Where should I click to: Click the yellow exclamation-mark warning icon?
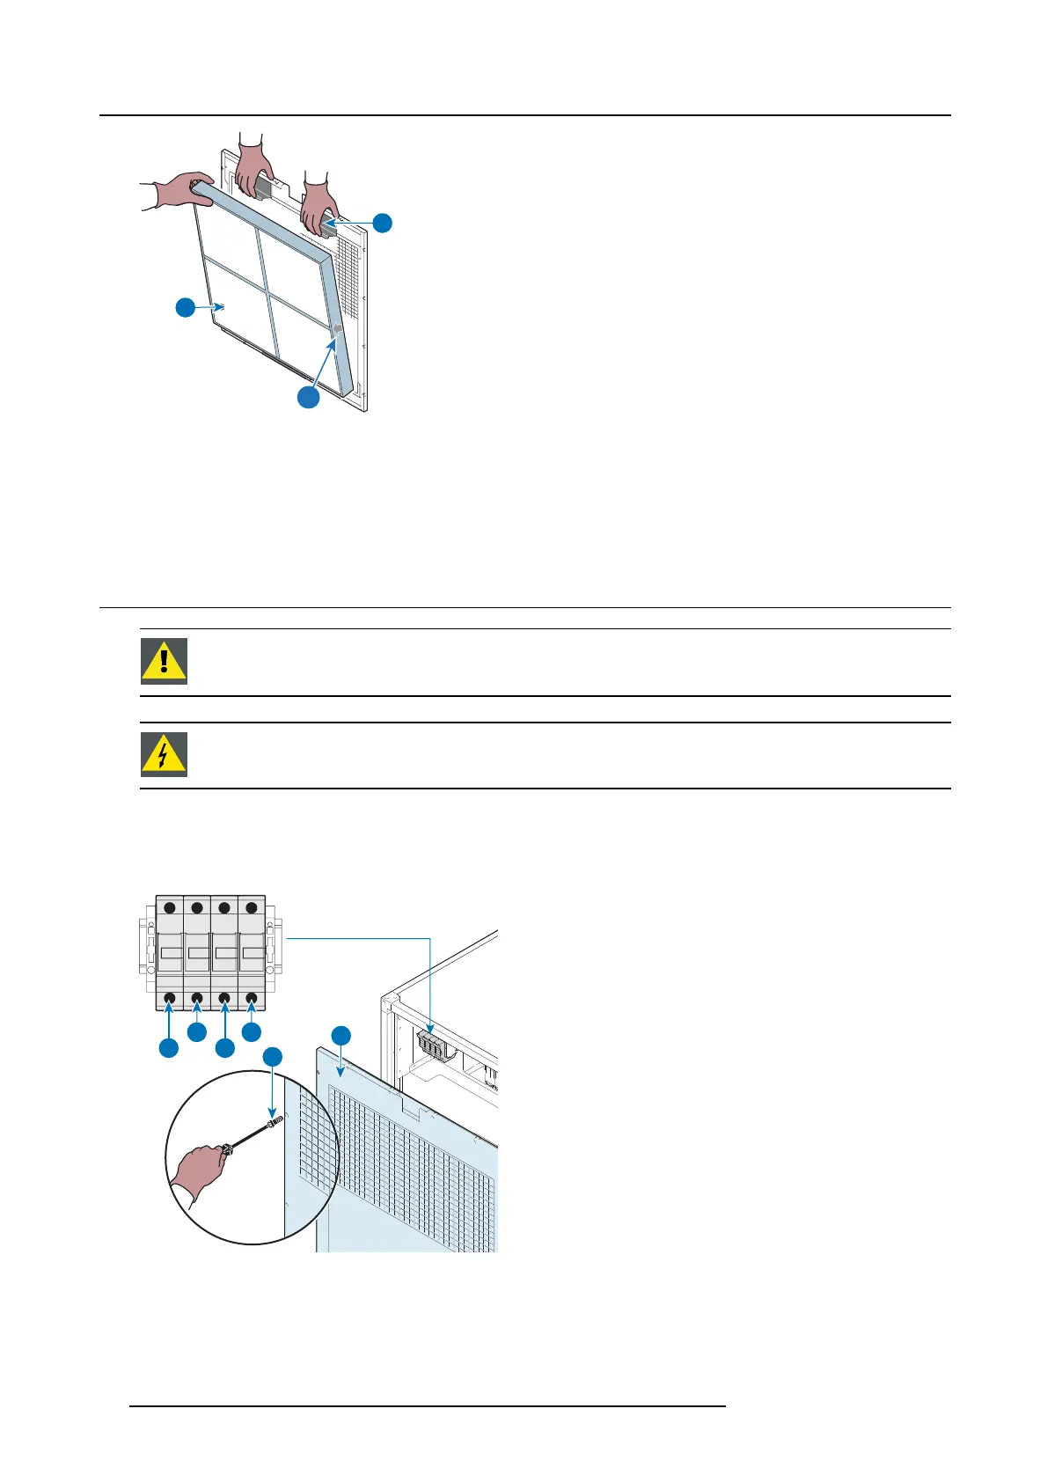[165, 661]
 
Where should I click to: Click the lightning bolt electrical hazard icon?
[165, 754]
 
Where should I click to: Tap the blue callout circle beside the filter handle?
[382, 223]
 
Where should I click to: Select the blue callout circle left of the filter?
[185, 307]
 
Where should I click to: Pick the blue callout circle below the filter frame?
[308, 397]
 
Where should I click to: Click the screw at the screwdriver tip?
[275, 1120]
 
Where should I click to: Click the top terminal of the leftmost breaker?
[169, 907]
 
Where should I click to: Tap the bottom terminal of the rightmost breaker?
[252, 998]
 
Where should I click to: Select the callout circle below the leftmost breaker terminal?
[168, 1047]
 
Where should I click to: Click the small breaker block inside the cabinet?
[431, 1045]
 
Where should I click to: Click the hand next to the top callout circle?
[318, 205]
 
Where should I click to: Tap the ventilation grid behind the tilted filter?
[349, 273]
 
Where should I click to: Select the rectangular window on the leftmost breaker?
[170, 953]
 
